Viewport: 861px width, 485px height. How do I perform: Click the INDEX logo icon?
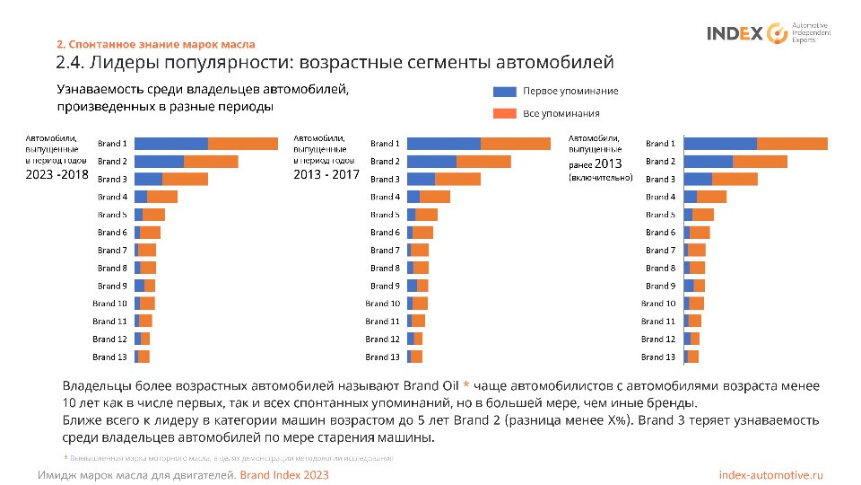coord(777,33)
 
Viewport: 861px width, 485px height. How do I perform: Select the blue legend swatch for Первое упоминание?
coord(505,92)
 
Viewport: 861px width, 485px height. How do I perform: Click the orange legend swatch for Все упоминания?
coord(505,113)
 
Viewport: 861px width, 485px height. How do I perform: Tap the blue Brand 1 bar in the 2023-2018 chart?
coord(171,144)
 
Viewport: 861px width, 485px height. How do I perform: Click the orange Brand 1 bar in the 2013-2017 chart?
coord(516,144)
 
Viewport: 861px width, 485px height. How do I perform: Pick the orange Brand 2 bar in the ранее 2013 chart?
coord(760,162)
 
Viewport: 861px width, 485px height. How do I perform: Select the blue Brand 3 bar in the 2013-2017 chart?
coord(421,179)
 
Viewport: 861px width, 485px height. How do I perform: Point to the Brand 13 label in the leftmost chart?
coord(109,357)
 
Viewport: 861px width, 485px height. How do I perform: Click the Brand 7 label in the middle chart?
coord(385,251)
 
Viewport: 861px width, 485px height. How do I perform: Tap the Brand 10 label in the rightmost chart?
coord(658,304)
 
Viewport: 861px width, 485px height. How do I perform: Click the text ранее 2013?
coord(595,163)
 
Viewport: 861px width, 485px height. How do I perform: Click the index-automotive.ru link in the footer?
coord(771,474)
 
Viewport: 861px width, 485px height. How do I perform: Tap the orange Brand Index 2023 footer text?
coord(284,474)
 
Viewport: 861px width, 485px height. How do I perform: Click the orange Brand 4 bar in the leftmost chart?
coord(162,197)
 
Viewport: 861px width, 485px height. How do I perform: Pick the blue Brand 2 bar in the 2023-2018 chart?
coord(159,162)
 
